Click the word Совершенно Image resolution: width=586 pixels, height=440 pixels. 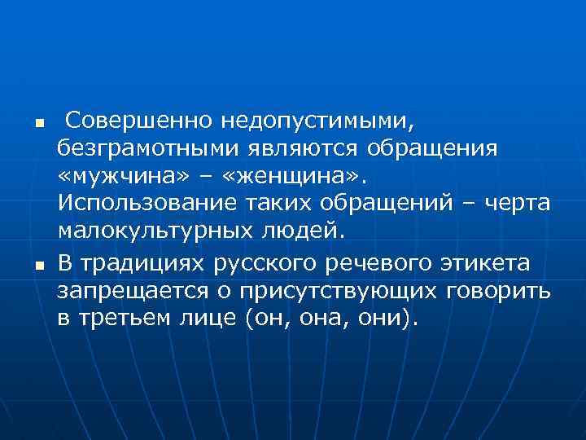tap(138, 121)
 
